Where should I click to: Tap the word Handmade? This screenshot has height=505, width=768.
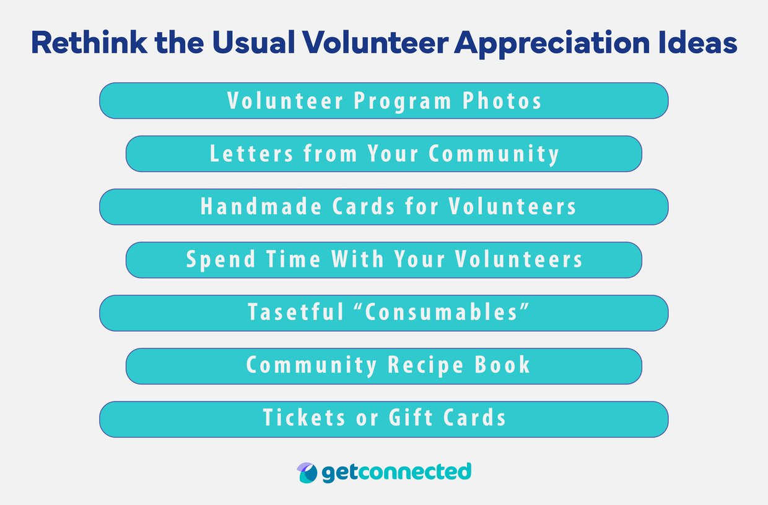click(261, 207)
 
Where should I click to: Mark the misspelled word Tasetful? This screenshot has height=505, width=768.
click(296, 313)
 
